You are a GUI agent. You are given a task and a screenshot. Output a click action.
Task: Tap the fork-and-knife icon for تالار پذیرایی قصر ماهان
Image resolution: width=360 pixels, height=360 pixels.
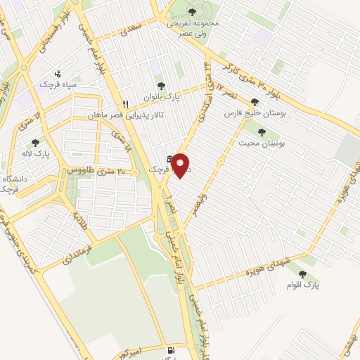coord(125,101)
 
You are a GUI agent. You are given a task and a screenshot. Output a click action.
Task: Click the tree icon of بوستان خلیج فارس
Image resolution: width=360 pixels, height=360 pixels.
coord(264,102)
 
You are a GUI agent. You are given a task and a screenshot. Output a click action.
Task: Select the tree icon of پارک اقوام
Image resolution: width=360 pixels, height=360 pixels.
coord(303,275)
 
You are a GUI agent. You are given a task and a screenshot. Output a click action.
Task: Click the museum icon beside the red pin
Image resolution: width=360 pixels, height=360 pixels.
coord(169,160)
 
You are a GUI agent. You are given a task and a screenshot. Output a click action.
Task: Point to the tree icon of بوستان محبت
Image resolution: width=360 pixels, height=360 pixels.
coord(262,131)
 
